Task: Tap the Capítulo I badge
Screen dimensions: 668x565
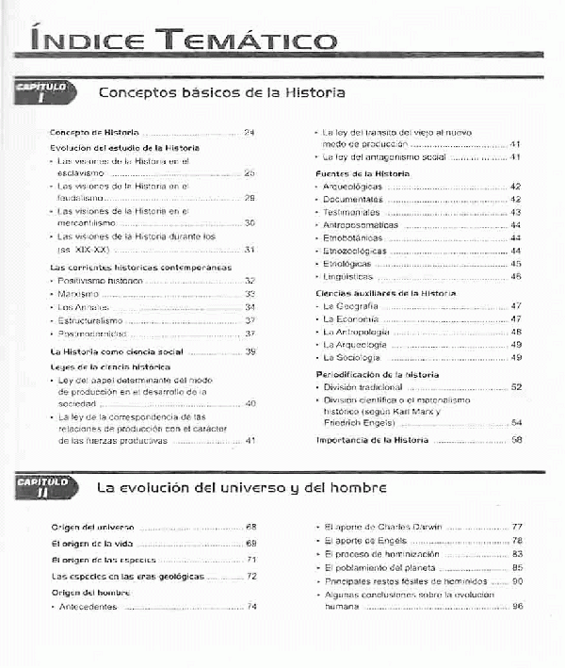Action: tap(42, 92)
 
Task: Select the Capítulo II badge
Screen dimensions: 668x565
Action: tap(42, 487)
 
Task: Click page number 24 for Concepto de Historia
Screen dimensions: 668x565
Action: tap(250, 133)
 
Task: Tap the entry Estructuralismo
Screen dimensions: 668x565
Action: tap(91, 320)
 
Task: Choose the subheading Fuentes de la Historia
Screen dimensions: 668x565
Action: tap(362, 174)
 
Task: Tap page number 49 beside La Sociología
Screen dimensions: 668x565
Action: tap(516, 358)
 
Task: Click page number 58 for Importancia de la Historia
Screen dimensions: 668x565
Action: tap(516, 440)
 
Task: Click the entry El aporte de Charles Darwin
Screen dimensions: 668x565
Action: tap(382, 526)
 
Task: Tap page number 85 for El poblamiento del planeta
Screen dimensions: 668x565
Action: tap(517, 568)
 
